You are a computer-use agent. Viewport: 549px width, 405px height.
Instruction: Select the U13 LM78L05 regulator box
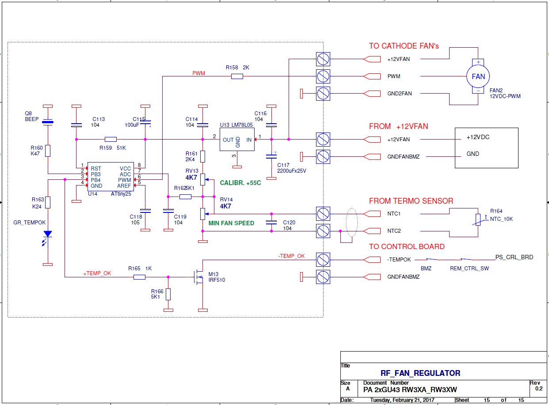coord(237,139)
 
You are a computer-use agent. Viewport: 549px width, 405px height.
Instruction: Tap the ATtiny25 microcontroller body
coord(111,177)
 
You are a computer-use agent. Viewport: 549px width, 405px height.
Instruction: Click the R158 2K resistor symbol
coord(237,76)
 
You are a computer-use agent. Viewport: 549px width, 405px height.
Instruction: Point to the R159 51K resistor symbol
coord(111,139)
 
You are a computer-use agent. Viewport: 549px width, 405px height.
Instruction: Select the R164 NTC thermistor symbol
coord(478,220)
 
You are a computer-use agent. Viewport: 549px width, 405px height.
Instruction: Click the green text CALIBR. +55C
coord(240,183)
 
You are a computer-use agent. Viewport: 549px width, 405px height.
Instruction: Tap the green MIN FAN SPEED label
coord(231,223)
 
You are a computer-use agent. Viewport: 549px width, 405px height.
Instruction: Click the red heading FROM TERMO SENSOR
coord(411,201)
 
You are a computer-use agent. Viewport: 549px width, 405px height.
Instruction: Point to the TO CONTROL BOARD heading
coord(407,246)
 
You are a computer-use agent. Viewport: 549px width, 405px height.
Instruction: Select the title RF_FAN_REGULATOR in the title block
coord(420,373)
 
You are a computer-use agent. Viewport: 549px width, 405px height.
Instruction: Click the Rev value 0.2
coord(539,389)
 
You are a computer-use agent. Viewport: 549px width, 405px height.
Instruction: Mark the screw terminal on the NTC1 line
coord(323,214)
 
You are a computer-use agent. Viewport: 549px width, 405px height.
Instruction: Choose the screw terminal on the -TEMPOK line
coord(323,260)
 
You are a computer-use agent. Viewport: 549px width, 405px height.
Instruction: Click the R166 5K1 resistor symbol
coord(168,294)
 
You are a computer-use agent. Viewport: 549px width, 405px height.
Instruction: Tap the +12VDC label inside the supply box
coord(478,137)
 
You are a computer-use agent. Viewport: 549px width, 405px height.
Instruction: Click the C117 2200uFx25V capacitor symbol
coord(271,156)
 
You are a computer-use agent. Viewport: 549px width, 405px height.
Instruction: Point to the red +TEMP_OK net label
coord(97,273)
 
